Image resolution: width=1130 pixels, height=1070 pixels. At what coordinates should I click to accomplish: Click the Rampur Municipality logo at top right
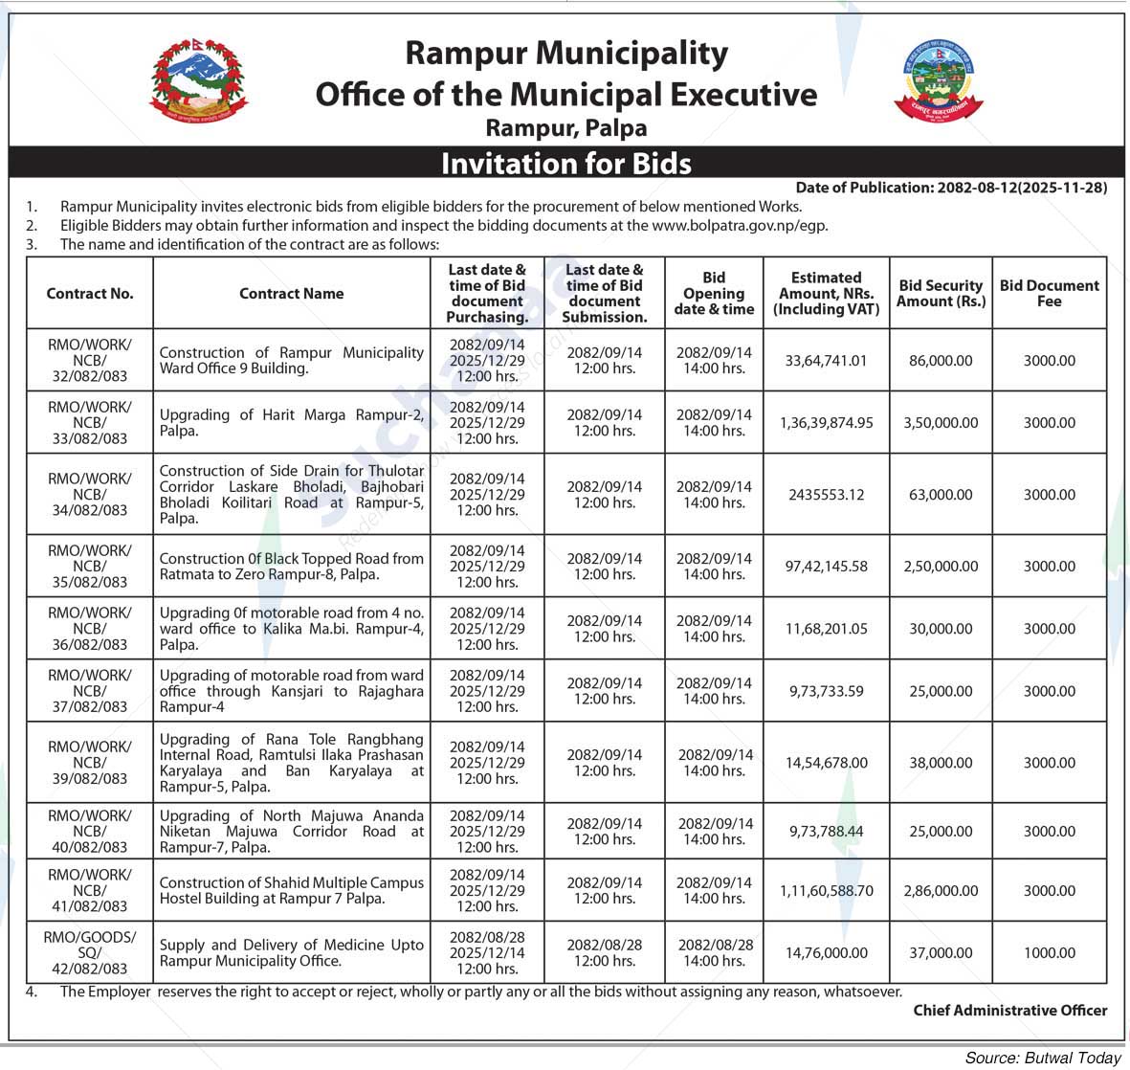tap(938, 80)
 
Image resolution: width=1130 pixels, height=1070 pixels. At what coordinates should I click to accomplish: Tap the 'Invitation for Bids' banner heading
tap(565, 164)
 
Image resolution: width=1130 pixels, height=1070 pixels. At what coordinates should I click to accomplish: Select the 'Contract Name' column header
tap(291, 294)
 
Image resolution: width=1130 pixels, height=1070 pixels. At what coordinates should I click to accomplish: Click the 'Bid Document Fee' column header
tap(1049, 293)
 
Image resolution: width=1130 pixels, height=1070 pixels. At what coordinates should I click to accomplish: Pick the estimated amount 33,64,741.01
tap(826, 361)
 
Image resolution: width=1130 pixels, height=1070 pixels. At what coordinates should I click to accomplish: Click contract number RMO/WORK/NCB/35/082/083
tap(90, 566)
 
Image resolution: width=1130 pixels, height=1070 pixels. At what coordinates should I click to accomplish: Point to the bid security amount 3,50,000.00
tap(941, 423)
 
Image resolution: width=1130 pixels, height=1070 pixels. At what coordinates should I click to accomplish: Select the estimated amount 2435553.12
tap(826, 495)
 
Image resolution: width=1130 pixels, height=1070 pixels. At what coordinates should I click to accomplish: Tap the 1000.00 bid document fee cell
tap(1049, 953)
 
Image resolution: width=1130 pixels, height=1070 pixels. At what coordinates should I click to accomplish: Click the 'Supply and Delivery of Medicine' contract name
tap(291, 953)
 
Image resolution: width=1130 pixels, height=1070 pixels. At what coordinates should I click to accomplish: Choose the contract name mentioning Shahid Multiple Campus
tap(291, 891)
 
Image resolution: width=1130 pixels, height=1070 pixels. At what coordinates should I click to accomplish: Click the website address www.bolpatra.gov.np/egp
tap(740, 226)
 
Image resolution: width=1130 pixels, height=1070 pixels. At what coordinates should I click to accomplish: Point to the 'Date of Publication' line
tap(951, 188)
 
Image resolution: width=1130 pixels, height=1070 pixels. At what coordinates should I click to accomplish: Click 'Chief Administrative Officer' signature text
tap(1009, 1010)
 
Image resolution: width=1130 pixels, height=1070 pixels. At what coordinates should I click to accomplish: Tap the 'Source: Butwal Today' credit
tap(1042, 1058)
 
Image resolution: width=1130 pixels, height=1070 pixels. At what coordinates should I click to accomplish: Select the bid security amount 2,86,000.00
tap(941, 891)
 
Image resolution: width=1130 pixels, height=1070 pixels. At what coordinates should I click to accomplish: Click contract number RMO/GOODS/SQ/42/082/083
tap(90, 953)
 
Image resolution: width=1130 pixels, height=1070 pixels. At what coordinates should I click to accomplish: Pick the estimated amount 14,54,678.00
tap(826, 763)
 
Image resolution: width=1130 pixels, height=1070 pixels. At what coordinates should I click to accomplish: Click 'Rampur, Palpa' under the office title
tap(565, 127)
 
